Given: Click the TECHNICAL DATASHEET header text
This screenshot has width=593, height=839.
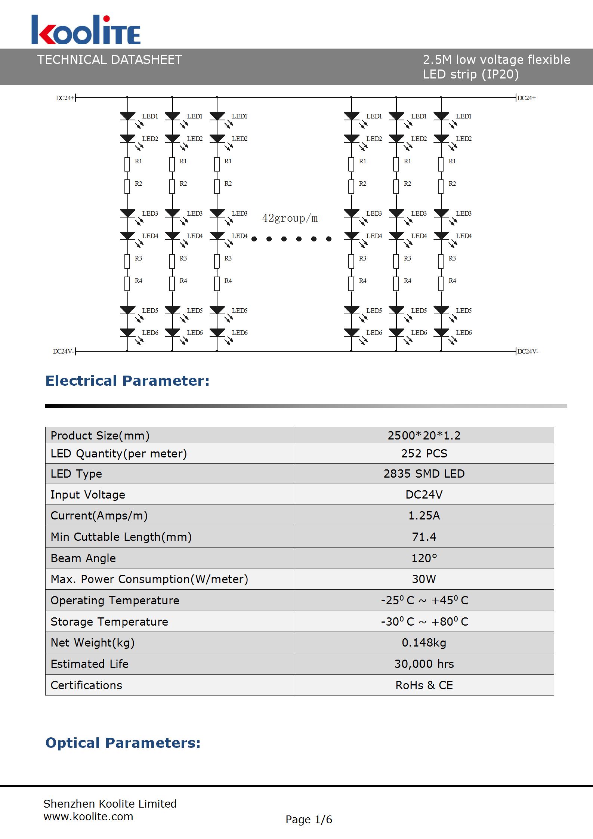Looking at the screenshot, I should (x=109, y=60).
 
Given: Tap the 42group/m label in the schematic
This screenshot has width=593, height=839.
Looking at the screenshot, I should (x=290, y=218).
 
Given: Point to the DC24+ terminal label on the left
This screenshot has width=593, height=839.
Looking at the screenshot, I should (x=65, y=98).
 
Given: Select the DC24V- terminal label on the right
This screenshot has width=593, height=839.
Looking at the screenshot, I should (x=528, y=351).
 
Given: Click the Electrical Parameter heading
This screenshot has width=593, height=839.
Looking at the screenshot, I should (x=127, y=381).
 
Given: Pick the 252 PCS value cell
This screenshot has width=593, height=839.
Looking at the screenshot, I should (x=424, y=453).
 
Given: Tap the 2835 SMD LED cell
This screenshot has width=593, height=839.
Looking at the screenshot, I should (x=424, y=474).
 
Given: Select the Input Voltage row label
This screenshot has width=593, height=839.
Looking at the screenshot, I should (x=88, y=494).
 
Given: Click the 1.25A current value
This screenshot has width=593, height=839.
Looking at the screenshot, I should (x=424, y=515).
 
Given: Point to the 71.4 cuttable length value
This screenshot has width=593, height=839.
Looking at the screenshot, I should (x=424, y=537).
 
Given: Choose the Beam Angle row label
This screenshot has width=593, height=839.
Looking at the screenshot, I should (x=83, y=558).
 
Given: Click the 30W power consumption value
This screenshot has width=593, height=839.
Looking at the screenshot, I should (x=424, y=579).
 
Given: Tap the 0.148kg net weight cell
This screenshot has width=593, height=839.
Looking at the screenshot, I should (x=424, y=642).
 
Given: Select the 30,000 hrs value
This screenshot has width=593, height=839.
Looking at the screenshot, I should (x=424, y=664).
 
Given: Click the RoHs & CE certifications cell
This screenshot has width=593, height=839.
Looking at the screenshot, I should (x=424, y=685).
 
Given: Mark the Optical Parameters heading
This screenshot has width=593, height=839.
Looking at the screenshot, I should (x=123, y=743).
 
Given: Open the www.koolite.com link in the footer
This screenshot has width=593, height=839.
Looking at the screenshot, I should (x=88, y=817).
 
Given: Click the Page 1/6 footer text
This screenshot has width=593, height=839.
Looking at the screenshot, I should (x=309, y=820).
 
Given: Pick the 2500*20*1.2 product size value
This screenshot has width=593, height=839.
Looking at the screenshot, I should (x=424, y=435).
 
